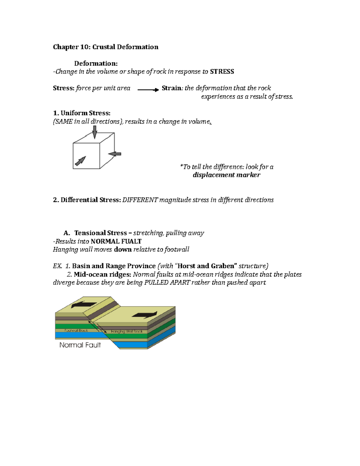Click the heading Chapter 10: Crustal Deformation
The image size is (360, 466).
106,47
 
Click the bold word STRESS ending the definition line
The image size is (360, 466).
222,71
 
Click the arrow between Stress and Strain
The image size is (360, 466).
148,89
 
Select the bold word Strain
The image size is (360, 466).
172,88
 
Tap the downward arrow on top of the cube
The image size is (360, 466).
95,132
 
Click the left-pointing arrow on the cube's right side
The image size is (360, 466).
115,154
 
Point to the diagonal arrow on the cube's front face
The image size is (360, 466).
80,161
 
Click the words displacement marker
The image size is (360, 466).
226,175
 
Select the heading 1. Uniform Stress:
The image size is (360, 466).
82,113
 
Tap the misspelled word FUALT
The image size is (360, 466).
131,241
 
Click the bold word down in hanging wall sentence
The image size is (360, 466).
123,249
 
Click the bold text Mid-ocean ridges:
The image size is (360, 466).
102,274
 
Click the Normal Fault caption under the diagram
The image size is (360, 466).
80,345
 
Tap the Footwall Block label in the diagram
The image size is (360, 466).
76,330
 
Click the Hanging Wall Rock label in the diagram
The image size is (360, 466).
127,331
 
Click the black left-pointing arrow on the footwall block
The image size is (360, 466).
84,305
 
